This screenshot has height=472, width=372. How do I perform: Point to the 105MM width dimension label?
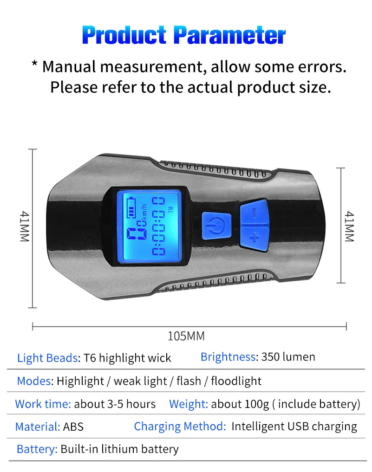tap(186, 336)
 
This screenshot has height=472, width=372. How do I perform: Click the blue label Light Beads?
tap(47, 358)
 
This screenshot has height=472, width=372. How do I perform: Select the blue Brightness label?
tap(228, 357)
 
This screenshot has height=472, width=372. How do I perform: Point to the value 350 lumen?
tap(288, 357)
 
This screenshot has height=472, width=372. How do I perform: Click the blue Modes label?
tap(34, 381)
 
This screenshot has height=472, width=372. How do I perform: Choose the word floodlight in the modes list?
tap(236, 381)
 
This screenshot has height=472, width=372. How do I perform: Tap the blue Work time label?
tap(43, 404)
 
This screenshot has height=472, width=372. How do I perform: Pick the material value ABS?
tap(73, 427)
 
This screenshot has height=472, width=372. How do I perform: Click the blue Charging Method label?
tap(180, 426)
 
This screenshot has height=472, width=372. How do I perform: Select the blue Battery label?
tap(37, 449)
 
